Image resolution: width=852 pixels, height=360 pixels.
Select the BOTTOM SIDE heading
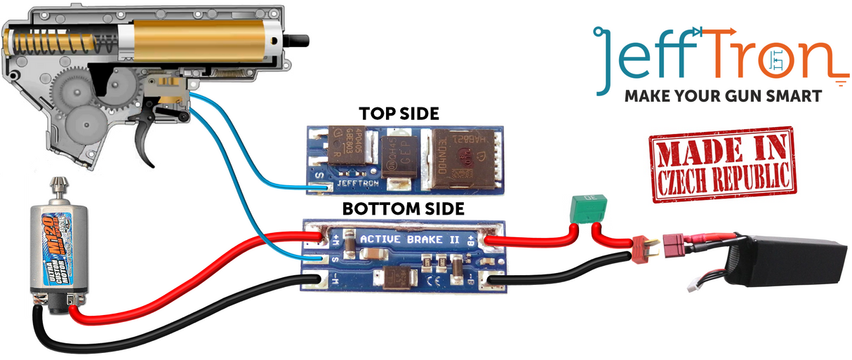tap(403, 208)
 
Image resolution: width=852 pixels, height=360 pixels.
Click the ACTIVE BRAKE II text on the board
tap(410, 239)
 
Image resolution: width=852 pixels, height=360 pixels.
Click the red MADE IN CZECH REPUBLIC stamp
tap(721, 164)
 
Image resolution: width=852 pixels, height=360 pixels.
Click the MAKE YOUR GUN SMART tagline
tap(722, 96)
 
